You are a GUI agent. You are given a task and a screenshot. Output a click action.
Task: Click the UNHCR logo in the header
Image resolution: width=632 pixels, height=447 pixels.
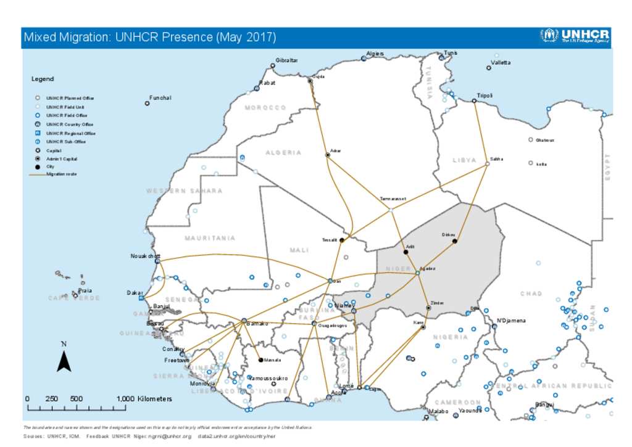pyautogui.click(x=574, y=36)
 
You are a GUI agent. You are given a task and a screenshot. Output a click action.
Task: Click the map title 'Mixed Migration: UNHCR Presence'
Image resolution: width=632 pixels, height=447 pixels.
pyautogui.click(x=149, y=38)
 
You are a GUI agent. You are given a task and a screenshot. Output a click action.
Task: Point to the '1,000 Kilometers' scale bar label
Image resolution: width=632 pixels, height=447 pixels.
pyautogui.click(x=144, y=399)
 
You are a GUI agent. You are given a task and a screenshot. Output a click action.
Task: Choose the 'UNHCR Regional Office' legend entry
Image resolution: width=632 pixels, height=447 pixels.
pyautogui.click(x=70, y=133)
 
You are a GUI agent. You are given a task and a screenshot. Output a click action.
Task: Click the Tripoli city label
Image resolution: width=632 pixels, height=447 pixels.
pyautogui.click(x=485, y=96)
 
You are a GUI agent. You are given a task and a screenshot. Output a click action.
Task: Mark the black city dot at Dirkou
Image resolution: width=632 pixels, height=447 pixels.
pyautogui.click(x=455, y=241)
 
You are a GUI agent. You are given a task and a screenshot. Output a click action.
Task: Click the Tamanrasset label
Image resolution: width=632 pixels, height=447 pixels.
pyautogui.click(x=393, y=199)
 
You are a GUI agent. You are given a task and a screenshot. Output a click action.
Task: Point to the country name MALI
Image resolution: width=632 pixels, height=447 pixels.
pyautogui.click(x=299, y=250)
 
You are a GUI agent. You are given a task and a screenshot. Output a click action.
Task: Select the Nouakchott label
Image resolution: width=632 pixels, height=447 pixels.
pyautogui.click(x=146, y=256)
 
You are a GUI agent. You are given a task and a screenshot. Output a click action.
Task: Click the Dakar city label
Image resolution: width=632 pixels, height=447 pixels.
pyautogui.click(x=135, y=293)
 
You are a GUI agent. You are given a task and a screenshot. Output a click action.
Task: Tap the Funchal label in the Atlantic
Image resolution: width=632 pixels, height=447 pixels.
pyautogui.click(x=160, y=98)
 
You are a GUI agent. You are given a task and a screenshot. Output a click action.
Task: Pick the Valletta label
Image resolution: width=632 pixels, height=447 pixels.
pyautogui.click(x=501, y=63)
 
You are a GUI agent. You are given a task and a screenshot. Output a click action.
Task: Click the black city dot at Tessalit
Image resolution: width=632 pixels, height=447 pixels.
pyautogui.click(x=341, y=240)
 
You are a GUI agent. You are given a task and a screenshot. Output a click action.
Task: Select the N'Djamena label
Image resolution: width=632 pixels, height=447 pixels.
pyautogui.click(x=511, y=321)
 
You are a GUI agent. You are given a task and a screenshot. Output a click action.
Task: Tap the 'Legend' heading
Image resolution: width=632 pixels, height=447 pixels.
pyautogui.click(x=43, y=79)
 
